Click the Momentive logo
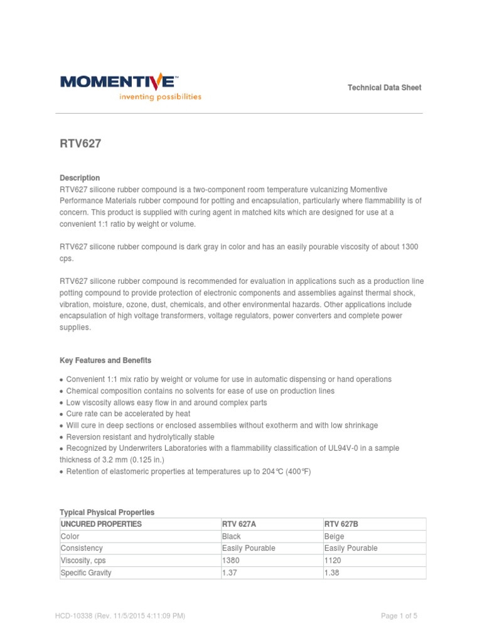[x=117, y=81]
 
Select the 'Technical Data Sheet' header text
[x=384, y=87]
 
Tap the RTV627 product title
[x=80, y=144]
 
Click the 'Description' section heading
[x=80, y=178]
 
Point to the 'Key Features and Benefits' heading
[x=105, y=360]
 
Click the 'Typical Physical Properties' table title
[x=107, y=512]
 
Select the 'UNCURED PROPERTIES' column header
[x=101, y=524]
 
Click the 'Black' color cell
[x=232, y=536]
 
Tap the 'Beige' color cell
[x=334, y=536]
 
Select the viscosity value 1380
[x=231, y=560]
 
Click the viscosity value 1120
[x=333, y=560]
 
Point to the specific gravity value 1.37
[x=229, y=573]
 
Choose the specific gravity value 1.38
[x=331, y=573]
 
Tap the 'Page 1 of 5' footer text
[x=399, y=616]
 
